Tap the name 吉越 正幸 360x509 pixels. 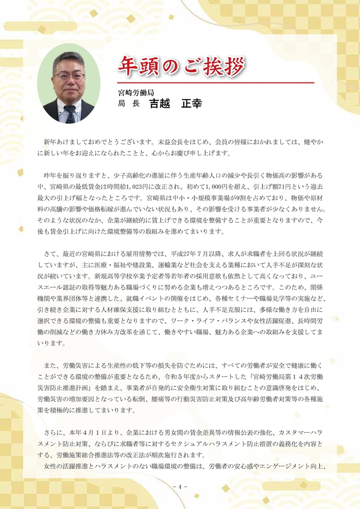point(175,104)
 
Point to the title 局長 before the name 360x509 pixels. point(128,104)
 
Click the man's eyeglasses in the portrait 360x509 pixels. point(68,76)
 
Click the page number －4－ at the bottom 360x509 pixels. point(180,487)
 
